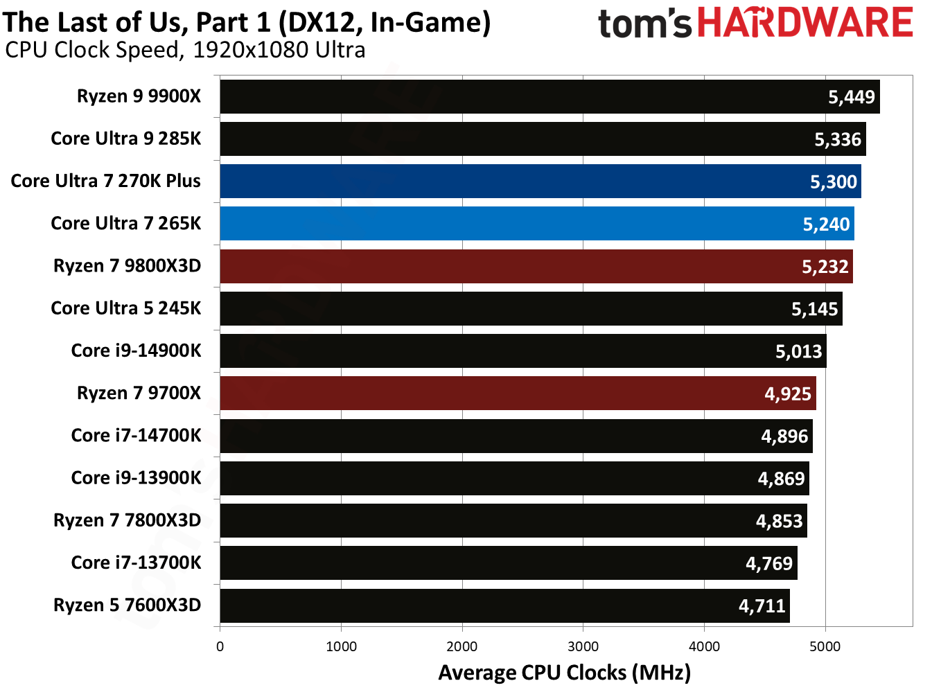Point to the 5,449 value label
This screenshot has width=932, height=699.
(x=852, y=97)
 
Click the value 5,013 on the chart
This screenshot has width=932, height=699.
(x=798, y=351)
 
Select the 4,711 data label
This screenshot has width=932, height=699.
(x=762, y=606)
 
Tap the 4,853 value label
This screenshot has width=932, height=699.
(x=779, y=521)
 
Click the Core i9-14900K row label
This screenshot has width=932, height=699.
(x=136, y=351)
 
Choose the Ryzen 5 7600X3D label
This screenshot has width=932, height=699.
(x=127, y=605)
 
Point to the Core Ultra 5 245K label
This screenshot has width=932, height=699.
(x=125, y=308)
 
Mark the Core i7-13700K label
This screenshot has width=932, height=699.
(x=136, y=563)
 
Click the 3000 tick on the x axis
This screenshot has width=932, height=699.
(x=583, y=646)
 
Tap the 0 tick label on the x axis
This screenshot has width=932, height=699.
(x=220, y=646)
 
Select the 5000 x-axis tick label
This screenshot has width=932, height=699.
(x=825, y=646)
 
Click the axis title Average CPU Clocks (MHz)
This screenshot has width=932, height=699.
(x=564, y=673)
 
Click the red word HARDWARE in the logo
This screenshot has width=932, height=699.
(x=804, y=23)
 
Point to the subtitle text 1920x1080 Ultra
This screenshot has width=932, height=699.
(x=279, y=51)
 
